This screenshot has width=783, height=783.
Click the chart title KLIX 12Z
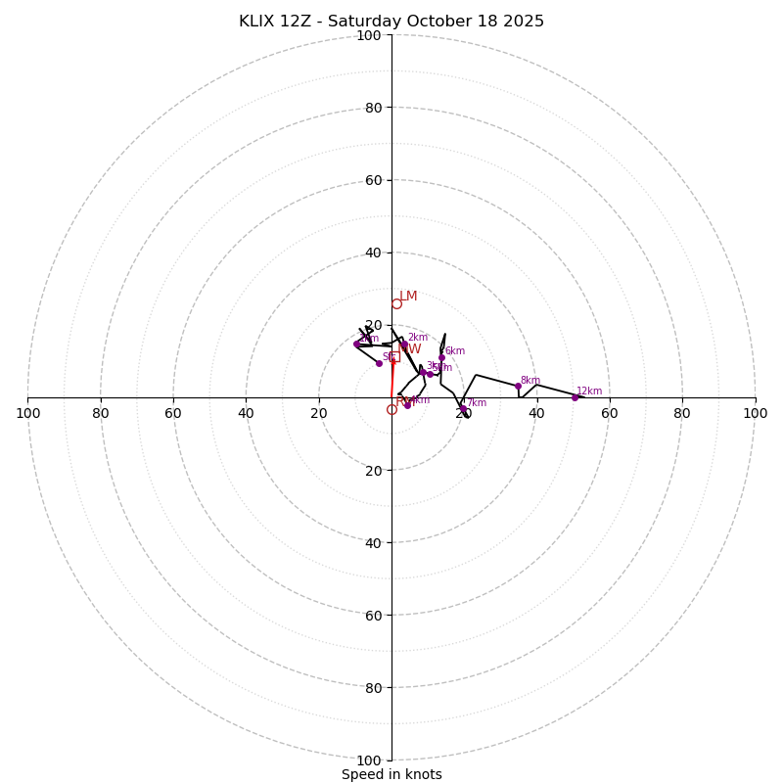pyautogui.click(x=391, y=22)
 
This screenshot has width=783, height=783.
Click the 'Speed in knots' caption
pyautogui.click(x=391, y=774)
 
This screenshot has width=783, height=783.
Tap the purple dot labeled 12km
pyautogui.click(x=575, y=397)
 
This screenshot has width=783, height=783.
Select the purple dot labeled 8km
pyautogui.click(x=518, y=386)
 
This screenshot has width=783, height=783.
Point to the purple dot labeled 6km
pyautogui.click(x=441, y=357)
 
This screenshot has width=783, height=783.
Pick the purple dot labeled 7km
pyautogui.click(x=463, y=409)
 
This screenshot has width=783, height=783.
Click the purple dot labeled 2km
pyautogui.click(x=403, y=344)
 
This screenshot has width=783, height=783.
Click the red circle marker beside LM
pyautogui.click(x=396, y=303)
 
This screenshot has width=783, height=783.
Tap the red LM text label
pyautogui.click(x=408, y=297)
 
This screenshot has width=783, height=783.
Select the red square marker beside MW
pyautogui.click(x=394, y=357)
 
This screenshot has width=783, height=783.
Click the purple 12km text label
pyautogui.click(x=589, y=391)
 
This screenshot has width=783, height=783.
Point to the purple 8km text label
pyautogui.click(x=530, y=381)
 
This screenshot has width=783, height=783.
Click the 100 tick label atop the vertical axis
pyautogui.click(x=369, y=35)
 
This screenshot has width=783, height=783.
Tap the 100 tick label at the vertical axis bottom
pyautogui.click(x=369, y=760)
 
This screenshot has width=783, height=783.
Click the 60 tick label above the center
pyautogui.click(x=373, y=180)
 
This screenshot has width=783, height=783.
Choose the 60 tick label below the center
pyautogui.click(x=373, y=616)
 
